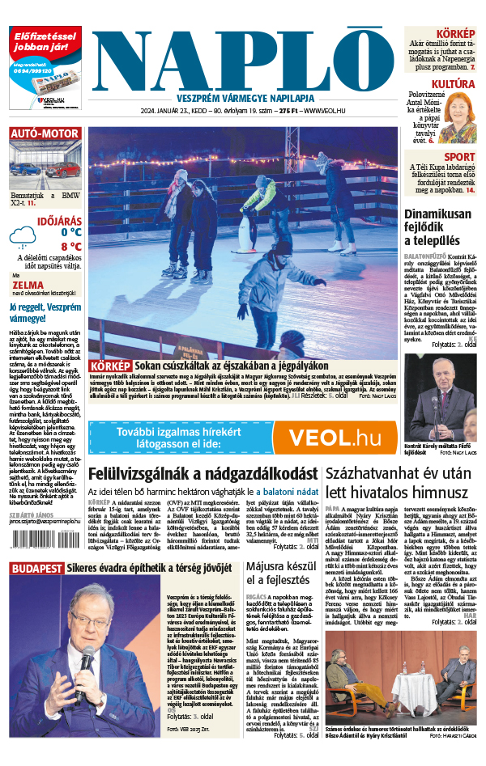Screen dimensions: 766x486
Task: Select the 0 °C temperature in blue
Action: (x=71, y=232)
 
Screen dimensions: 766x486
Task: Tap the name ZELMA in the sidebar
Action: (x=28, y=285)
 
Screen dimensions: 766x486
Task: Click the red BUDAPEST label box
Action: (x=36, y=569)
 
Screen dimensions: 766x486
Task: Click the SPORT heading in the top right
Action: (x=459, y=157)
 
